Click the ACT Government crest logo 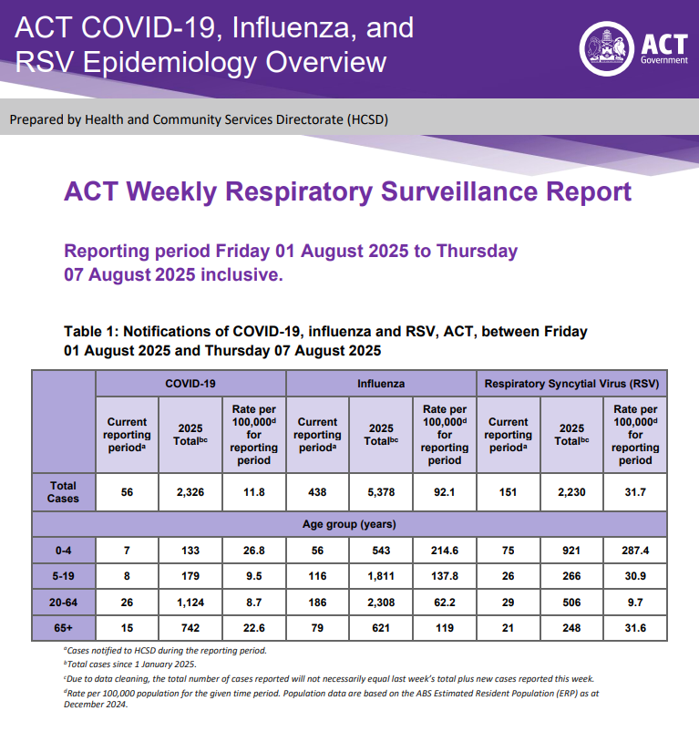click(x=605, y=47)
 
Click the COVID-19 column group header click(x=190, y=384)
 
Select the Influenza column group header click(x=381, y=384)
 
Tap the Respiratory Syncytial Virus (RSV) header click(x=571, y=384)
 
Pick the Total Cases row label click(x=64, y=492)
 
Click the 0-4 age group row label click(x=64, y=550)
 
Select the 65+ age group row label click(x=64, y=629)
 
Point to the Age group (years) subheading click(x=349, y=524)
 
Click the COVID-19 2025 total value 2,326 click(x=190, y=492)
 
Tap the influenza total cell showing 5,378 click(x=381, y=492)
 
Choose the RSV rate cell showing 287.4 click(x=635, y=550)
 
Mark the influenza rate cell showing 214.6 click(x=445, y=550)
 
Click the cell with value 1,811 click(x=381, y=577)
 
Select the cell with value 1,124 click(x=190, y=603)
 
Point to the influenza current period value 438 click(x=317, y=492)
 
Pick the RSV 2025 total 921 click(x=571, y=550)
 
